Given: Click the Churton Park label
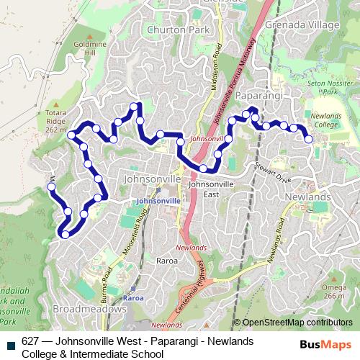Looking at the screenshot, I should click(172, 30).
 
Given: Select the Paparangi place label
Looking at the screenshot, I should click(257, 95).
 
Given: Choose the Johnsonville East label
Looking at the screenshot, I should click(209, 189).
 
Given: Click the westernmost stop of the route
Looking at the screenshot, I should click(51, 187).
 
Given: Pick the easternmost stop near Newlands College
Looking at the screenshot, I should click(309, 139).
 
